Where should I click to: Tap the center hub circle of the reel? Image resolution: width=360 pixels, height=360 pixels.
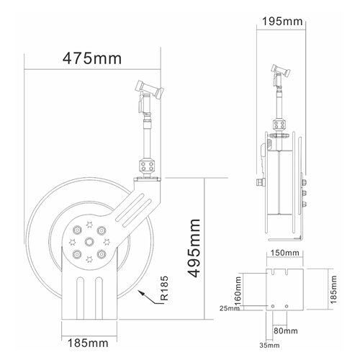pyautogui.click(x=89, y=242)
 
